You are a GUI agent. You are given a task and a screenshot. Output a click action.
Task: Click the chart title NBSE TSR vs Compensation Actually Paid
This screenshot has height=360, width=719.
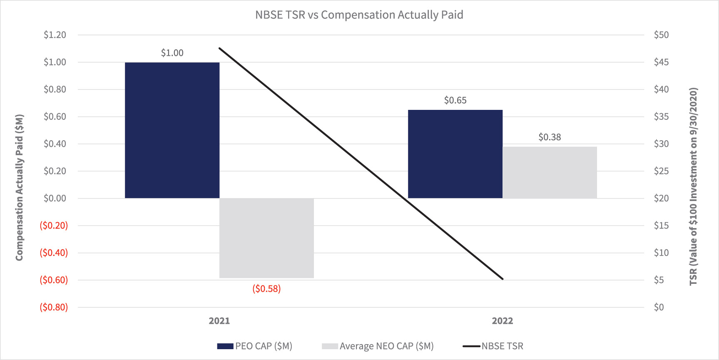359,15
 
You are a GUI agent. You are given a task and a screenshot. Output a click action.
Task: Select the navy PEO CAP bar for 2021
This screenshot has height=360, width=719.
172,130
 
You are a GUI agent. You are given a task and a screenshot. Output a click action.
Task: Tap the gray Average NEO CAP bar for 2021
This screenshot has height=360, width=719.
266,238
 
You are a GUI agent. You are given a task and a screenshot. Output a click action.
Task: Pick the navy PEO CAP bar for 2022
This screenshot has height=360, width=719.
455,154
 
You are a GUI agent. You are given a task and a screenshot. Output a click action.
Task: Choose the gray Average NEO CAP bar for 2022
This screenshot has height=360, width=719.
550,172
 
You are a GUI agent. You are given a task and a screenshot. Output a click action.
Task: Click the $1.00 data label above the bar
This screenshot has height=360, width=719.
172,53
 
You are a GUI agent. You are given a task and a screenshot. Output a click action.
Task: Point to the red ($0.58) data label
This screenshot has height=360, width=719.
266,289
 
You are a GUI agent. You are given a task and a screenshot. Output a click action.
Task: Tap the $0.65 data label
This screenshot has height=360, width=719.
455,100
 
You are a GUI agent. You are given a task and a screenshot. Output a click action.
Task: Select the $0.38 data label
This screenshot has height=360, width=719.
550,137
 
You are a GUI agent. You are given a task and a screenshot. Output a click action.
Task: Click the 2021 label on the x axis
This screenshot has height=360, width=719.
219,321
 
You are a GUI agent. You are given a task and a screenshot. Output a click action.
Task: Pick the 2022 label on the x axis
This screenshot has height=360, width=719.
502,321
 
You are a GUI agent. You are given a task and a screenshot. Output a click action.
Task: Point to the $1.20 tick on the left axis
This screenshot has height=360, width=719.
55,35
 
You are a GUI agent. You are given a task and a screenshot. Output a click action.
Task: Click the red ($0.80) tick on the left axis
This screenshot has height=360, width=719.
54,307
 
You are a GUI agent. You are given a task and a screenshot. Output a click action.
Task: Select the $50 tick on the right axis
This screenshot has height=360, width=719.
661,35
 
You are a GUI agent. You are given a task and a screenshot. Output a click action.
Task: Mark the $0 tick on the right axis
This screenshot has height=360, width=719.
659,307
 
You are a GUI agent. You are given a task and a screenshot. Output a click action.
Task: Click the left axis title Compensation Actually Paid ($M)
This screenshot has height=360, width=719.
19,187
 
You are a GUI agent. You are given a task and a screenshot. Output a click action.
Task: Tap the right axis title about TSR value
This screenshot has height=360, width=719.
693,186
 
